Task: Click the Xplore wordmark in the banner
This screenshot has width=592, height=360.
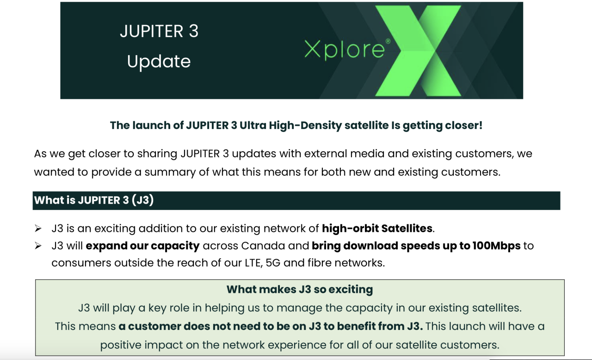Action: (x=344, y=50)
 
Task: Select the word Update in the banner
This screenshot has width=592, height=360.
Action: (x=159, y=62)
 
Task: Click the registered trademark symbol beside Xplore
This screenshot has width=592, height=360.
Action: (x=388, y=41)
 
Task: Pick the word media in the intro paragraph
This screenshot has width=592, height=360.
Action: (x=391, y=154)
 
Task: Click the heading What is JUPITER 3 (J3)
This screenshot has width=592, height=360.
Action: (x=94, y=200)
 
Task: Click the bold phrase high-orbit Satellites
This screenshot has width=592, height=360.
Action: (x=377, y=228)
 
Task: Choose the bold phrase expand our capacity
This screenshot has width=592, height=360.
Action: (x=142, y=246)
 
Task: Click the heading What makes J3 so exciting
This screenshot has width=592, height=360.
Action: (x=299, y=290)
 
